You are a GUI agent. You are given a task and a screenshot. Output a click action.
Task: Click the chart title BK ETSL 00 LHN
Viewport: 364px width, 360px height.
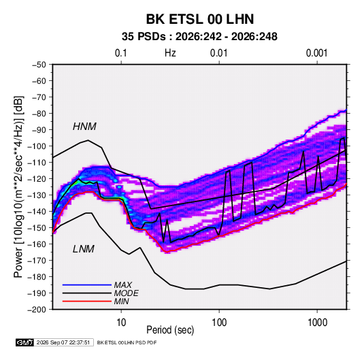(200, 19)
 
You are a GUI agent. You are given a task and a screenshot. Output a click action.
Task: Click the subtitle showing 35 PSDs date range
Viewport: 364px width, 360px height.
(199, 37)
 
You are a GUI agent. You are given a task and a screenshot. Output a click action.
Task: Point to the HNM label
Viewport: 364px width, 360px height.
(84, 127)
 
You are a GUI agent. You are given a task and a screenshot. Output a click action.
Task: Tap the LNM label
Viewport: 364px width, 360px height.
(84, 249)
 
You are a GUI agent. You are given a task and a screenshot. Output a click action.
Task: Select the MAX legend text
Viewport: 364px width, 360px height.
(123, 285)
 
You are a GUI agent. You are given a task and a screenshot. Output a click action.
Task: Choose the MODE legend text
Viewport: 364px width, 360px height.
(127, 293)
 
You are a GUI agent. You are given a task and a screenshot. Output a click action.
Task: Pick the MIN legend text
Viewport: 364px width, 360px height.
(121, 301)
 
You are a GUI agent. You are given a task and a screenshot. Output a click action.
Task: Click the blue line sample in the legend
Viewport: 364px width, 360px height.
(87, 285)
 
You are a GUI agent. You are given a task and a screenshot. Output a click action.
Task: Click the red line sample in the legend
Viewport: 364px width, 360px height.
(87, 301)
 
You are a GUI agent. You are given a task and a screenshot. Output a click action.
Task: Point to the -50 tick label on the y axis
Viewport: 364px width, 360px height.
(39, 65)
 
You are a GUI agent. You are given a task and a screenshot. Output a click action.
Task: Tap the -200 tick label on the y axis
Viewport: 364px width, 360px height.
(37, 310)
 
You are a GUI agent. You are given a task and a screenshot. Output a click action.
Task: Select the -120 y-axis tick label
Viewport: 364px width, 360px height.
(37, 179)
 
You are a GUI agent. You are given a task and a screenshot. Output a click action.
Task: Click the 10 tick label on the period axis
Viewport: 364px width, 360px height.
(121, 323)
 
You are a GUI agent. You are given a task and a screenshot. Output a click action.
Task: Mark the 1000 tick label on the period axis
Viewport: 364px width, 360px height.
(317, 323)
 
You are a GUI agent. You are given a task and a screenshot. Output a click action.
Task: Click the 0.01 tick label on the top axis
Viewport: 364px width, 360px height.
(218, 53)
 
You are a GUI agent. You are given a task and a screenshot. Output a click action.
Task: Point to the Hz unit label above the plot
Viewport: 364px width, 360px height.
(170, 53)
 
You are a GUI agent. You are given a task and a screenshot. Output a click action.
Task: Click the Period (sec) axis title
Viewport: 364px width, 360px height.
(170, 330)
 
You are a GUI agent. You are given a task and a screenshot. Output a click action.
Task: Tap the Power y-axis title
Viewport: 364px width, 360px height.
(18, 187)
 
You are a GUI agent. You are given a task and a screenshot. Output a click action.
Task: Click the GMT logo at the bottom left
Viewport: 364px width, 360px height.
(25, 342)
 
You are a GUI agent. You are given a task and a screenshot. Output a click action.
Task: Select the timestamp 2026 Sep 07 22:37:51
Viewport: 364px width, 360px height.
(63, 342)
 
